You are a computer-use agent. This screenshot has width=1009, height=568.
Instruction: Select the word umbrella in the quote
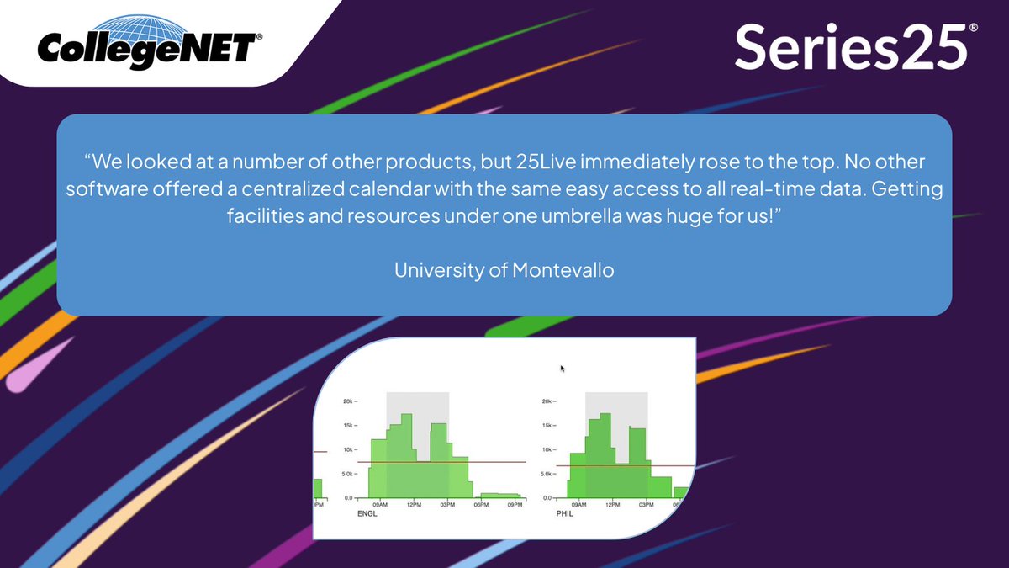614,215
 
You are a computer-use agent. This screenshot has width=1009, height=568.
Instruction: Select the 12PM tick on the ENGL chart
413,505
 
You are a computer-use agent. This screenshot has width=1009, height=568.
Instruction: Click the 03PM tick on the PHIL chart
646,505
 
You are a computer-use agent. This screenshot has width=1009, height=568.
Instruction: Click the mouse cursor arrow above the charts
563,369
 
